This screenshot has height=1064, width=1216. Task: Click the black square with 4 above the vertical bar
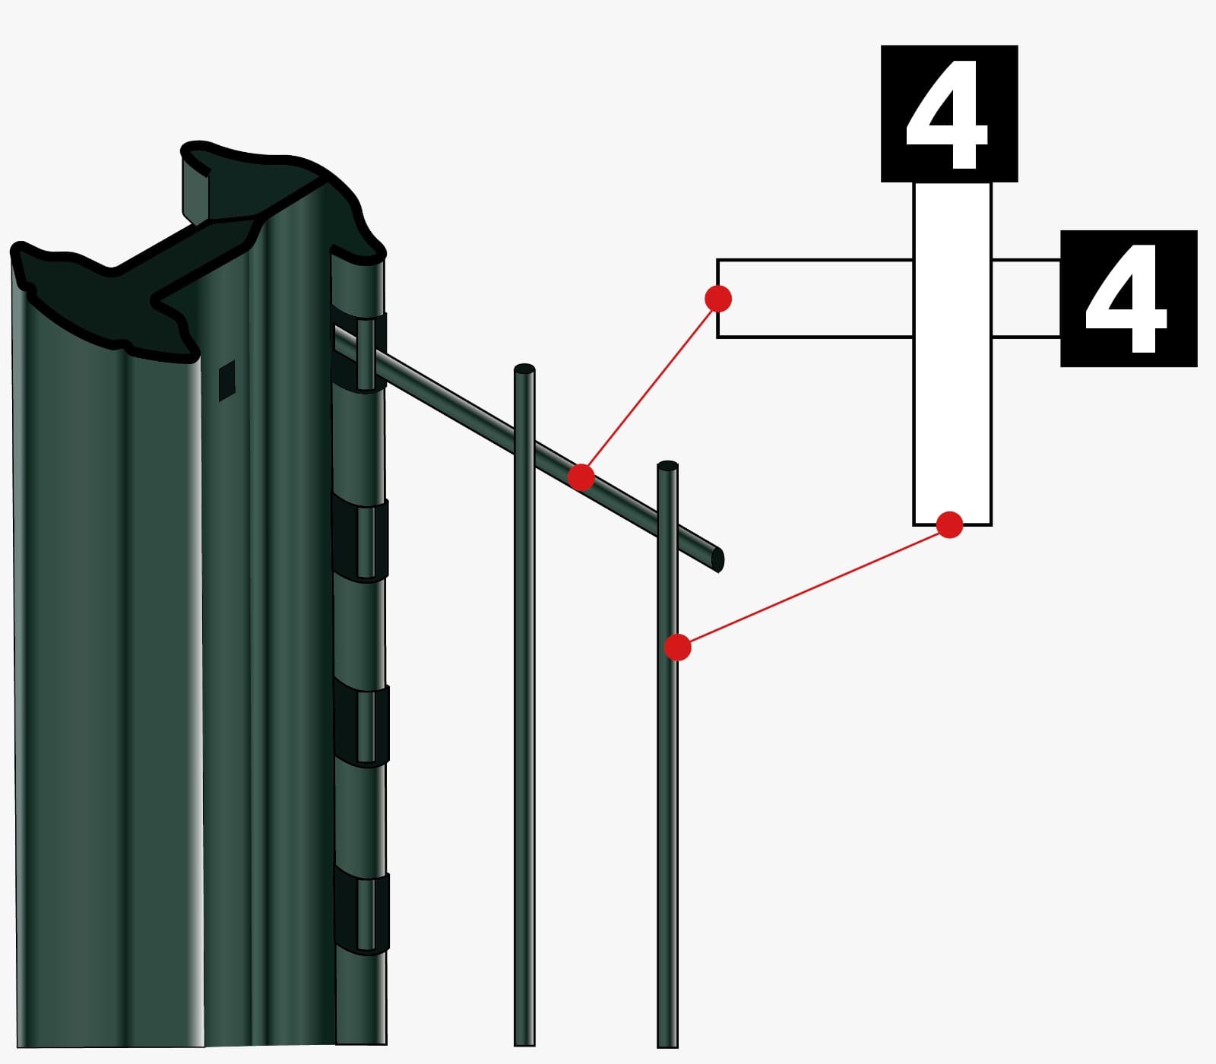click(x=949, y=113)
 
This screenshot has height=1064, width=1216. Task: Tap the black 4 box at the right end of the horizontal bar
click(x=1129, y=299)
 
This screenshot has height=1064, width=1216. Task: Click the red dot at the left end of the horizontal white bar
click(x=718, y=299)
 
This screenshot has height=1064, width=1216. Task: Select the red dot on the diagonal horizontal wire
click(x=581, y=477)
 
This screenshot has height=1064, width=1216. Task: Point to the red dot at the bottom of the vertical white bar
click(x=950, y=524)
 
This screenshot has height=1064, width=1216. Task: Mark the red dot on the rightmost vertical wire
click(x=678, y=648)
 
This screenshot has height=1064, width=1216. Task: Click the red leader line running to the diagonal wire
click(x=650, y=388)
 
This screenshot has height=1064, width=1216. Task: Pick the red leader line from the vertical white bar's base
click(x=814, y=586)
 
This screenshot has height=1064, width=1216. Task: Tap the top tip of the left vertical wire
click(x=524, y=369)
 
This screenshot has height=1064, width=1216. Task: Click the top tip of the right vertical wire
click(x=667, y=465)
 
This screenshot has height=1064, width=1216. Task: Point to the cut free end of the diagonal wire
click(x=718, y=560)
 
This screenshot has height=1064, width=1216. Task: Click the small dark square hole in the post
click(x=226, y=380)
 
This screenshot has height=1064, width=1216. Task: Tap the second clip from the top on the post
click(x=360, y=540)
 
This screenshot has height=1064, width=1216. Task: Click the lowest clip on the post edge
click(x=362, y=912)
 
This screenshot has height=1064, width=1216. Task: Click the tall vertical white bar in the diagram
click(x=952, y=353)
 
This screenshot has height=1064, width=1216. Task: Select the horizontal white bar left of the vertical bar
click(x=815, y=299)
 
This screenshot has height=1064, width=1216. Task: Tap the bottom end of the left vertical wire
click(x=524, y=1044)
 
